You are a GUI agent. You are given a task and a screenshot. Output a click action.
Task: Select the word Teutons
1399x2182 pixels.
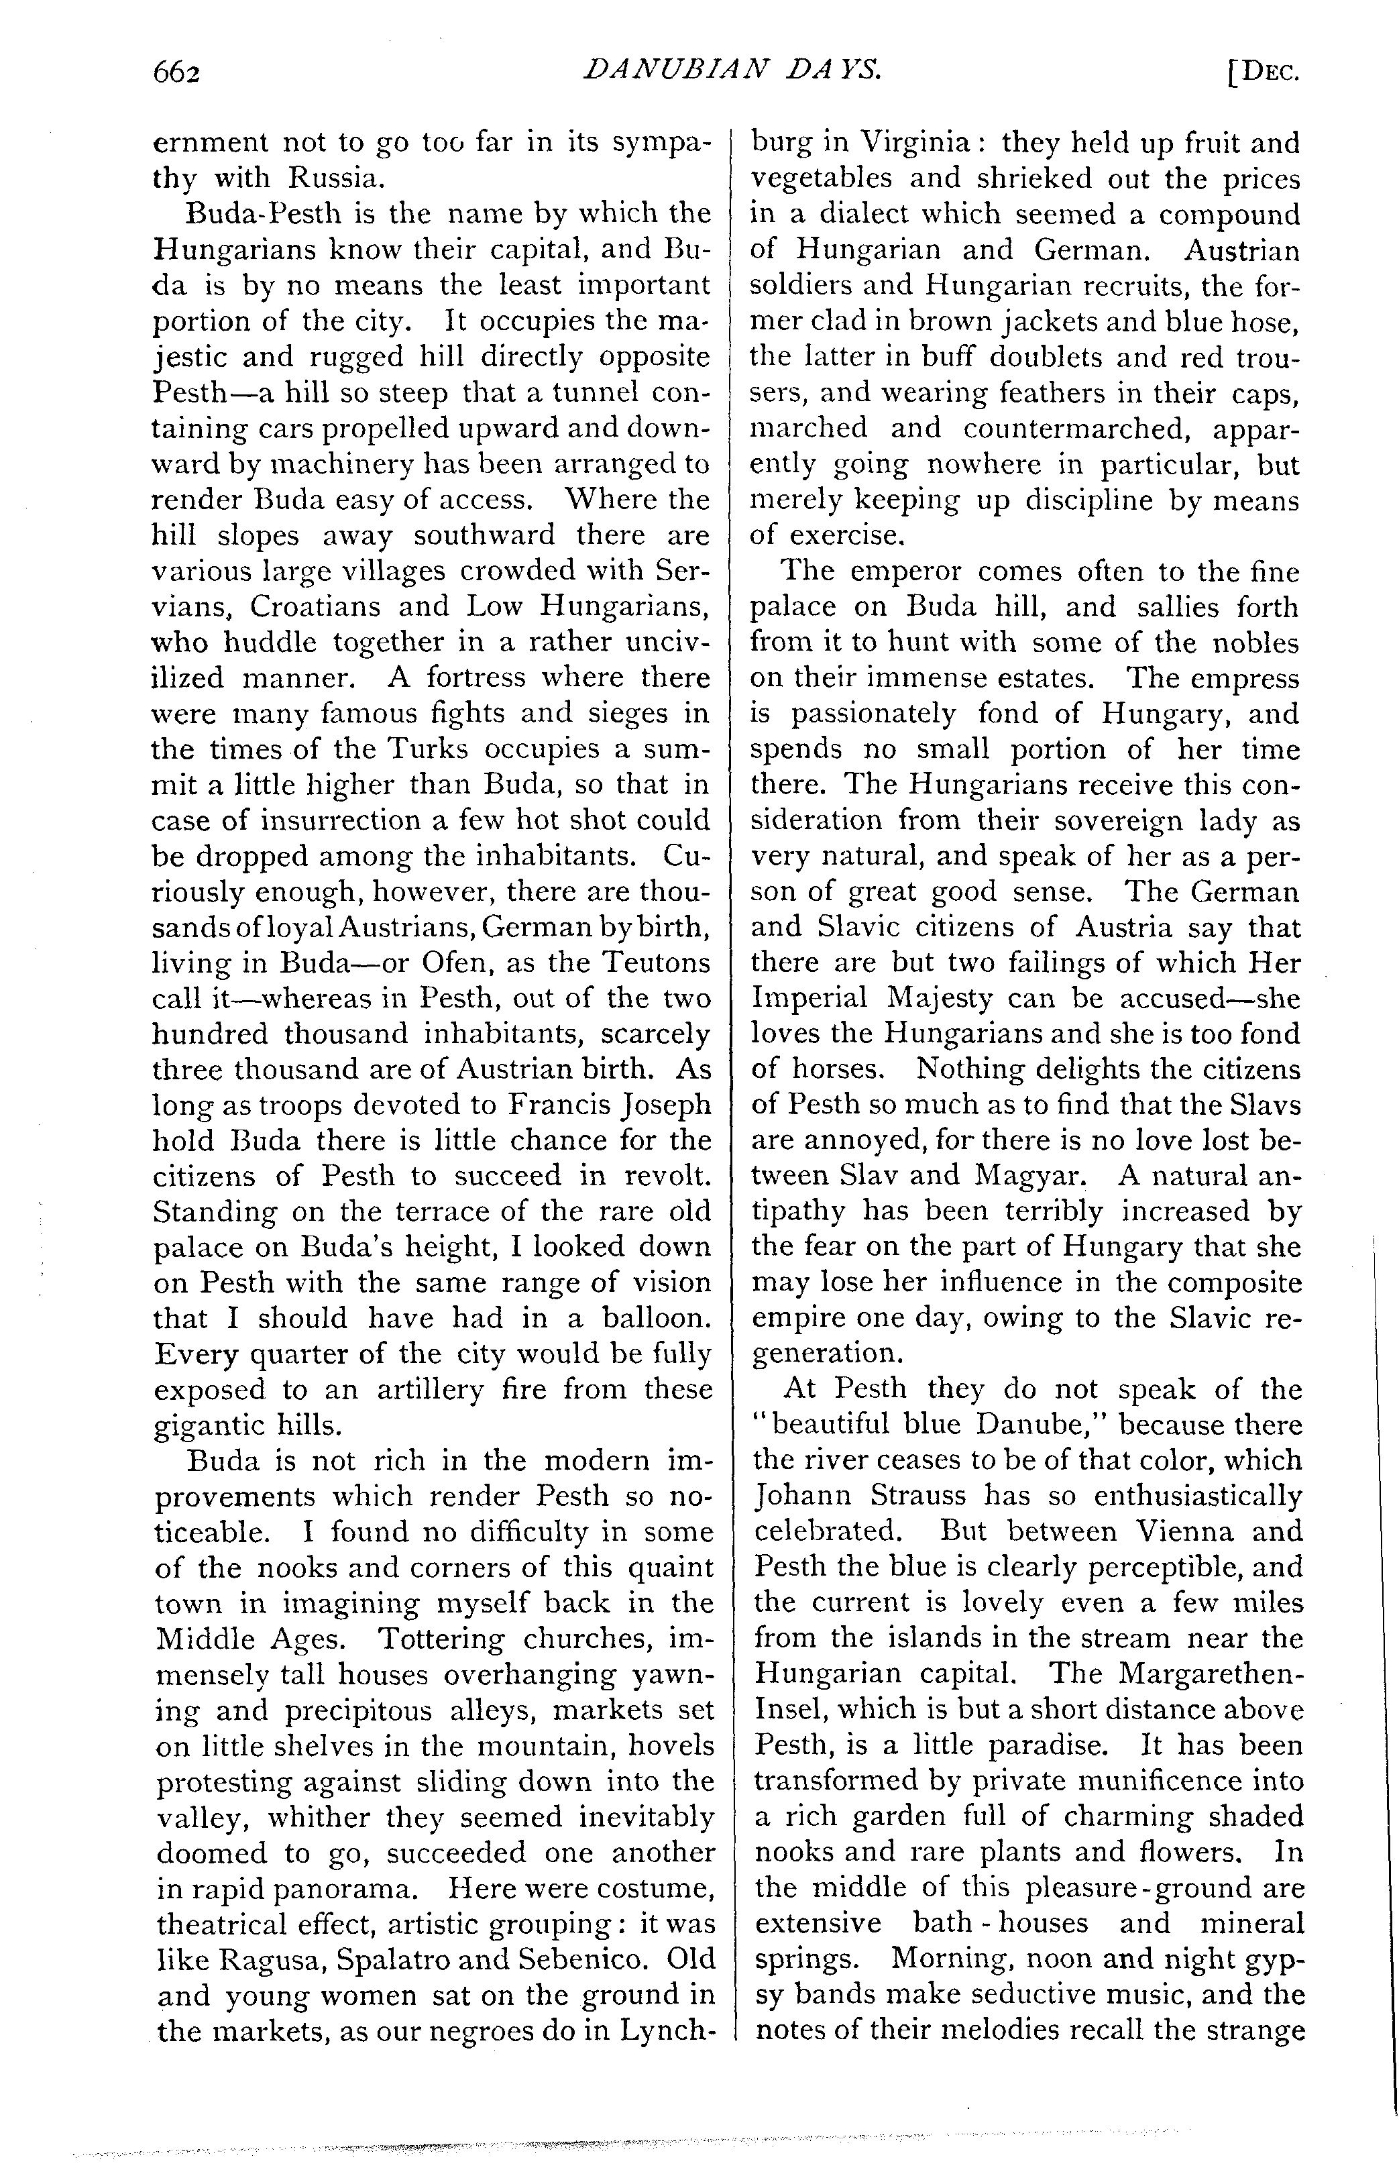point(655,962)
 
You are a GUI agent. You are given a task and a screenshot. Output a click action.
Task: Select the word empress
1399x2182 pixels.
point(1243,677)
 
